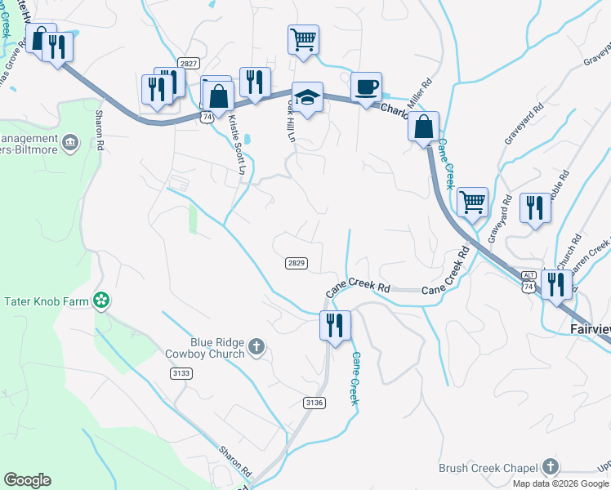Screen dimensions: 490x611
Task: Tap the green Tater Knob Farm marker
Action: [x=101, y=301]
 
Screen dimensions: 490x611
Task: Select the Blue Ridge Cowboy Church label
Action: [x=204, y=348]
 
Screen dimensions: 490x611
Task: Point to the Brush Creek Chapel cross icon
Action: [x=551, y=468]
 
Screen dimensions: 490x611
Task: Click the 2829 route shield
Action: [x=297, y=262]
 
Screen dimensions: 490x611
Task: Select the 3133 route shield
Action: [x=181, y=373]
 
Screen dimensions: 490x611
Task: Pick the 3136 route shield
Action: [x=314, y=402]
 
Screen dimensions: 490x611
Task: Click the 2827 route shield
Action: [x=189, y=63]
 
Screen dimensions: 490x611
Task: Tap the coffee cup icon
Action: [x=366, y=86]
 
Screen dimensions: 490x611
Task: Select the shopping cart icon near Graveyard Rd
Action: [x=473, y=201]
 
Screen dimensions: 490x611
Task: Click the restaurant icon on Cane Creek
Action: [x=335, y=324]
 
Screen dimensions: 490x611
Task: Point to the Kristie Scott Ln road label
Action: [x=237, y=145]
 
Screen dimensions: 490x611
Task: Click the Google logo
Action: [x=27, y=480]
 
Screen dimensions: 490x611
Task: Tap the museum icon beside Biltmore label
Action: [x=69, y=144]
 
